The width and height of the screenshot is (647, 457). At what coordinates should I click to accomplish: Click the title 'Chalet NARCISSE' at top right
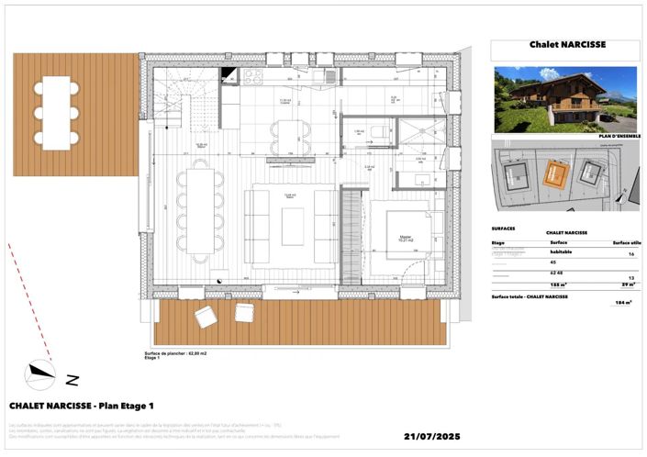pyautogui.click(x=567, y=43)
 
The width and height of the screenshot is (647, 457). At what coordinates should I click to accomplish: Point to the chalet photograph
pyautogui.click(x=565, y=99)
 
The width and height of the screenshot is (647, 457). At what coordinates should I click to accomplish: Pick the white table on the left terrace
pyautogui.click(x=57, y=112)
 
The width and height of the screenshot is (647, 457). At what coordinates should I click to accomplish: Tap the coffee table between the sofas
pyautogui.click(x=293, y=226)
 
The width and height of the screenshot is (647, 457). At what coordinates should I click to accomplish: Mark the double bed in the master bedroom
pyautogui.click(x=405, y=237)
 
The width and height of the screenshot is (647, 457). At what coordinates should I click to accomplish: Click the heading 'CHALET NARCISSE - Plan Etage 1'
pyautogui.click(x=82, y=405)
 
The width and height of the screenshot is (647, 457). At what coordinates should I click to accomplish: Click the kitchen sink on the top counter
pyautogui.click(x=327, y=77)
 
